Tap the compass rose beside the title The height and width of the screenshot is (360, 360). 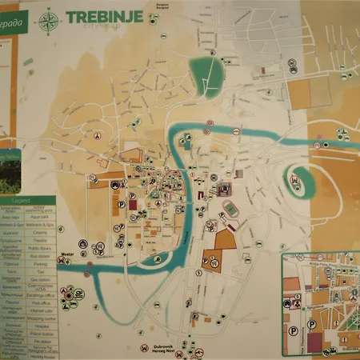[x=50, y=19]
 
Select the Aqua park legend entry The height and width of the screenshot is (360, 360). [x=41, y=217]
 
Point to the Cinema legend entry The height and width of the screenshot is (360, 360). [x=41, y=232]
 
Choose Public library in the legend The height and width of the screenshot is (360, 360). [x=41, y=248]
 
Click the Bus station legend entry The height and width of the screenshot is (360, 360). [x=41, y=257]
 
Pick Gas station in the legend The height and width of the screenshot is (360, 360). [x=41, y=279]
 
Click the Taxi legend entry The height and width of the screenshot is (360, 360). [x=41, y=272]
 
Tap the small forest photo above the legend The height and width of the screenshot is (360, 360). [x=10, y=172]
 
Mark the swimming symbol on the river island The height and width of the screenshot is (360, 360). [x=297, y=181]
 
